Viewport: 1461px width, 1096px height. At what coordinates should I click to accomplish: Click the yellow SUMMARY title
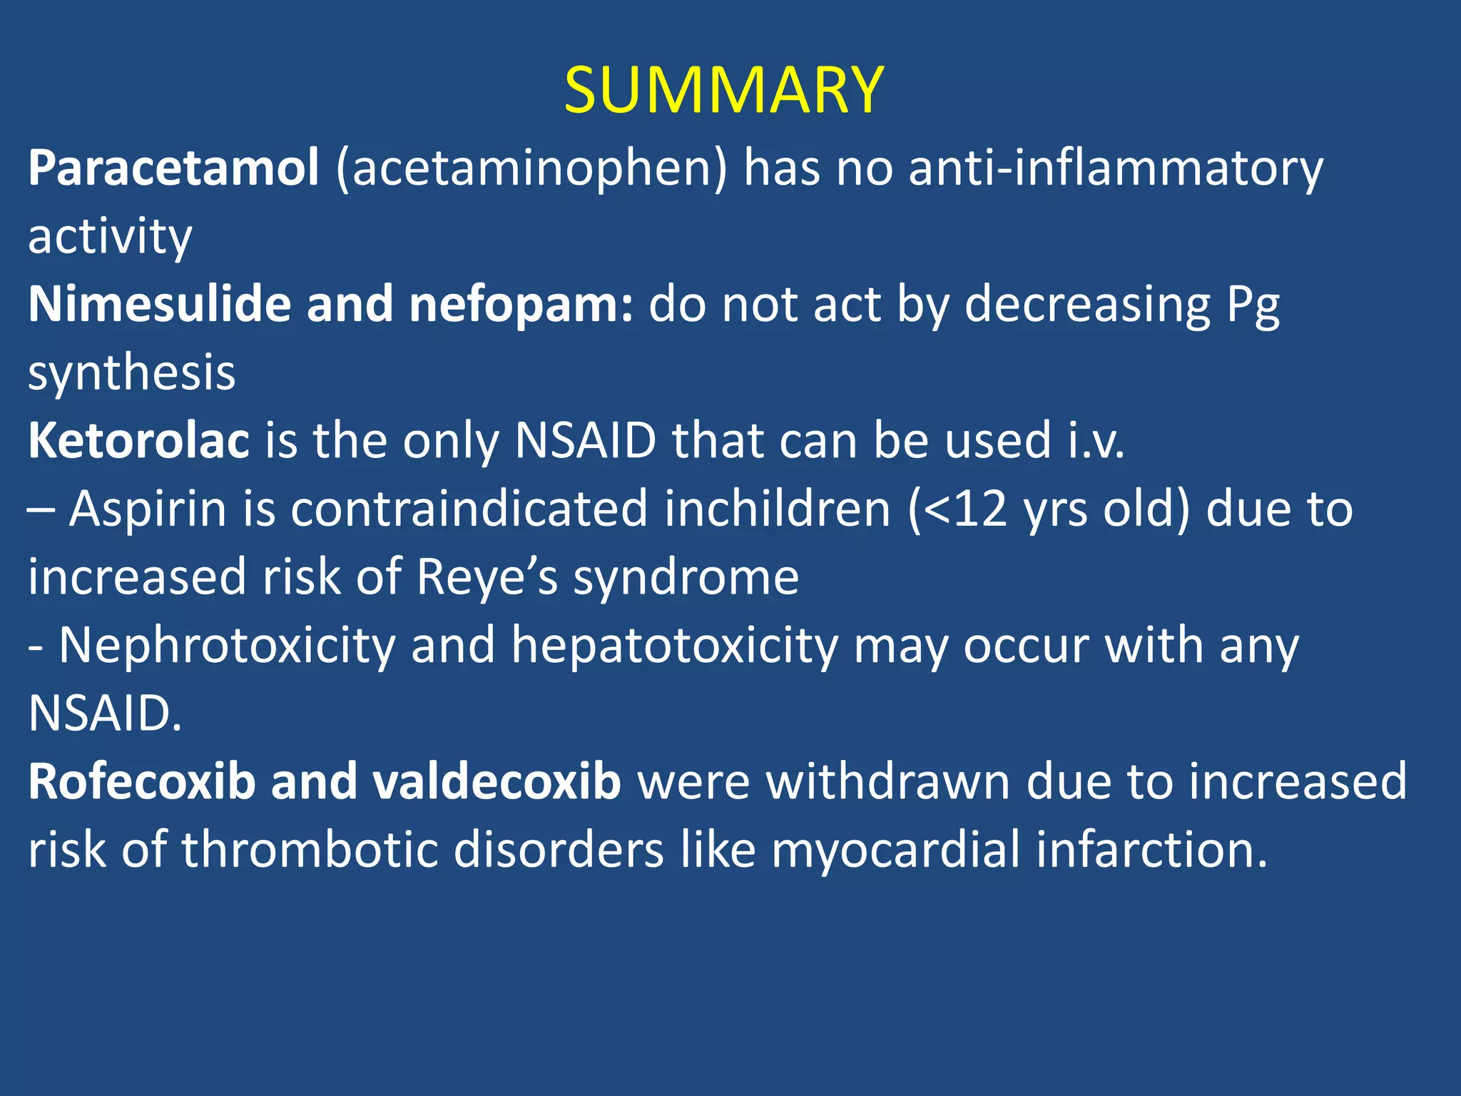tap(723, 90)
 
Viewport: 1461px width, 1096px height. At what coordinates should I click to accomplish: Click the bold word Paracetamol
tap(173, 168)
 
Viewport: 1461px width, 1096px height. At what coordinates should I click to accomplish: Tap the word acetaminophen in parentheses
tap(531, 170)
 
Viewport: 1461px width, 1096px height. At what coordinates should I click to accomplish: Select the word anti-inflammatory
tap(1116, 170)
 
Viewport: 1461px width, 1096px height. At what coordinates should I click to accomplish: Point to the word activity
tap(110, 237)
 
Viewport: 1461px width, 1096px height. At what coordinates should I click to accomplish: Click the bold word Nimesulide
tap(161, 305)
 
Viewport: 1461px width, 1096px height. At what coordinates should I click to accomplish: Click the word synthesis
tap(131, 373)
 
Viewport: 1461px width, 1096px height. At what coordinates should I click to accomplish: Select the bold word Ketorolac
tap(138, 441)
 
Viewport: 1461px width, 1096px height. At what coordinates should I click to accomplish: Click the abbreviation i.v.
tap(1096, 441)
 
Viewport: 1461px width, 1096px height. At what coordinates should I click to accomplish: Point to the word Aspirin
tap(148, 509)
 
